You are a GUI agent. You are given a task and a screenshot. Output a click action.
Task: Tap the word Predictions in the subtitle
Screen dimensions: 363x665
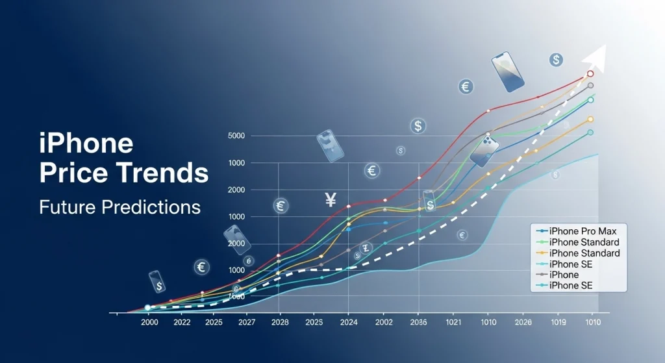pyautogui.click(x=151, y=208)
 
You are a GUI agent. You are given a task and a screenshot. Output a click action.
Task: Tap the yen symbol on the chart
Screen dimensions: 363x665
pyautogui.click(x=331, y=201)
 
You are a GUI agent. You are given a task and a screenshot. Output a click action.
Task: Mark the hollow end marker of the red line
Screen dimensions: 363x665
pyautogui.click(x=590, y=74)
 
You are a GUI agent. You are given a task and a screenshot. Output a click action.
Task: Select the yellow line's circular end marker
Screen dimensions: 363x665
pyautogui.click(x=590, y=119)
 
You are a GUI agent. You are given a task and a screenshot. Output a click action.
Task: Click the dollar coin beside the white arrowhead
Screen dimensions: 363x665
pyautogui.click(x=556, y=60)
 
